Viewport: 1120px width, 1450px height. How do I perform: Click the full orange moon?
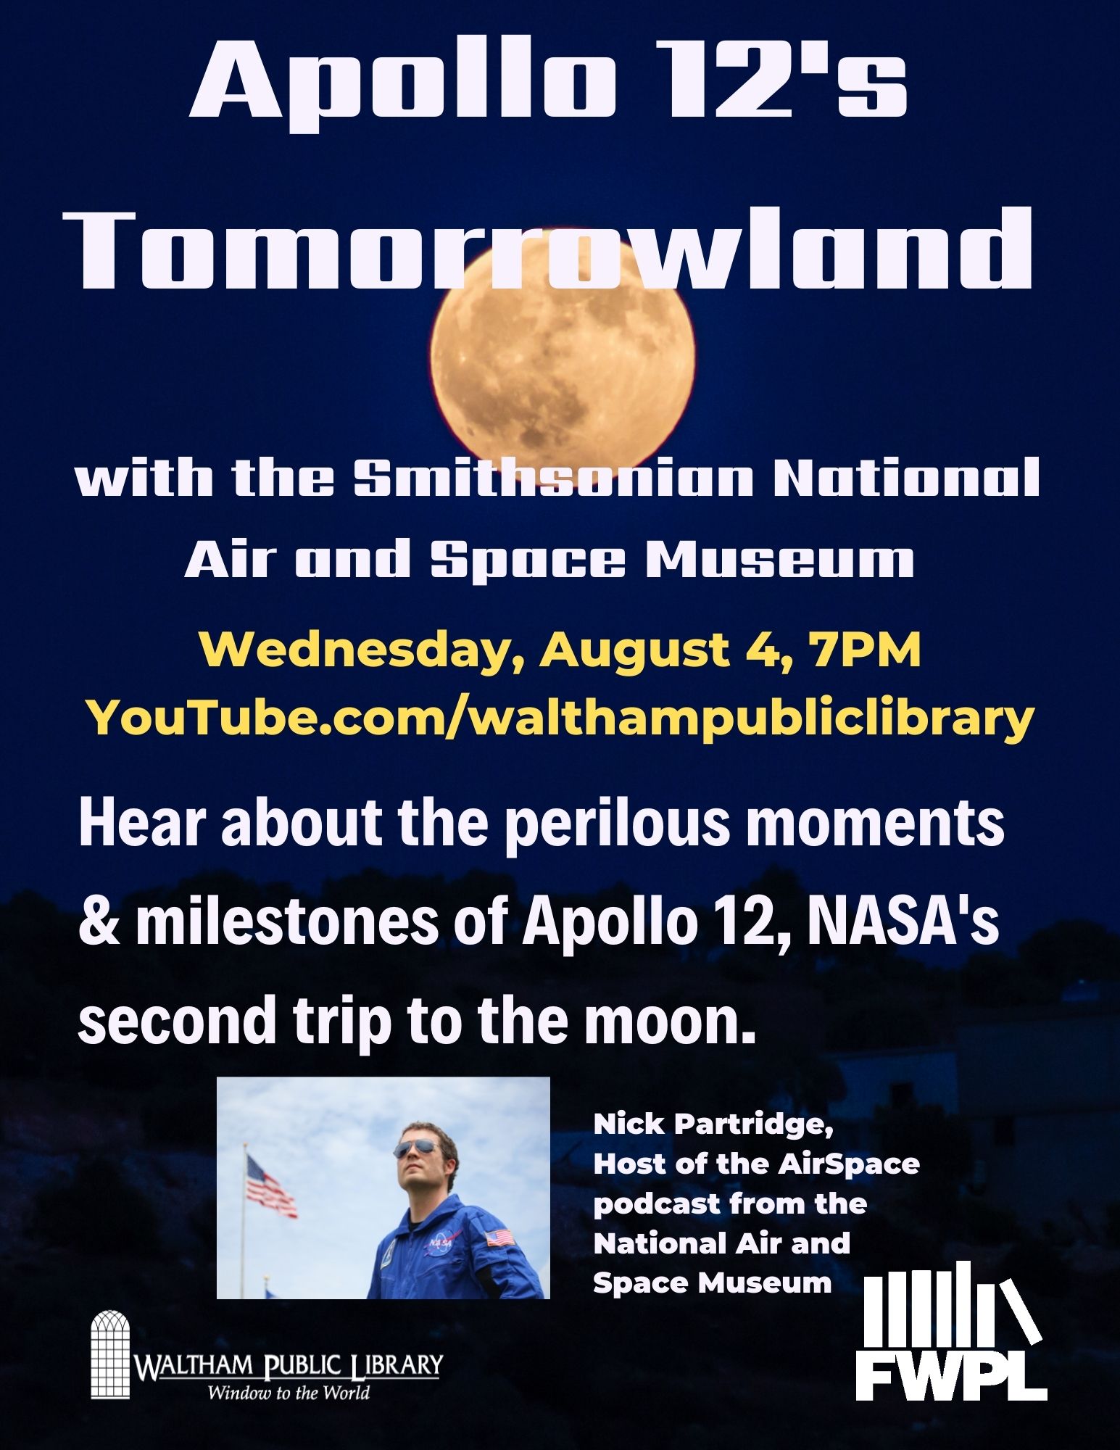tap(563, 362)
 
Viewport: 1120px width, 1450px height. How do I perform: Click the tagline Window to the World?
tap(289, 1393)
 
